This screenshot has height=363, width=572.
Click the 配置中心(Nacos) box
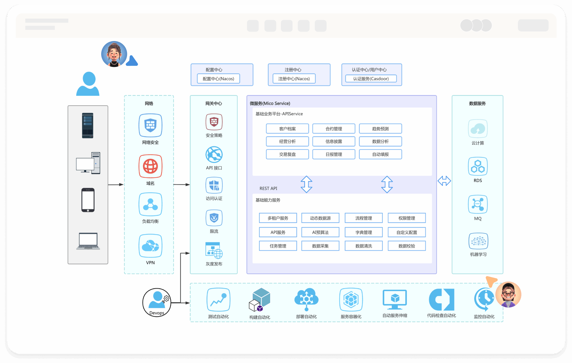218,79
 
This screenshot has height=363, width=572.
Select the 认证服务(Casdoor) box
371,79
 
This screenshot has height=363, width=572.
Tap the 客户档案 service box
287,129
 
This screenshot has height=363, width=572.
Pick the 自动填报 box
380,154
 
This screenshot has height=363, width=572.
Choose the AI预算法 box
320,232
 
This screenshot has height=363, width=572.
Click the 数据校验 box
407,246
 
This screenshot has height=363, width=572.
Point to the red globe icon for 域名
150,166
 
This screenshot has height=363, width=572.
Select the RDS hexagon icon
478,166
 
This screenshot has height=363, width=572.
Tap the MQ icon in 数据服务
478,204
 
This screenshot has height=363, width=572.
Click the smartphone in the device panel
88,200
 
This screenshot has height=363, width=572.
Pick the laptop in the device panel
88,241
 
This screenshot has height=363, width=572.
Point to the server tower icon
88,125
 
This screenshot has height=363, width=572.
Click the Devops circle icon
157,302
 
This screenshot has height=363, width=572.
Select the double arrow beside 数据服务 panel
444,181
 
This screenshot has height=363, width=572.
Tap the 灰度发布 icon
214,251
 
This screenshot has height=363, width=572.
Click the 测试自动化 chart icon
218,300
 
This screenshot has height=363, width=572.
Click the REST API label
268,188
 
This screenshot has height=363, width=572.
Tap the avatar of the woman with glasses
508,295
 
